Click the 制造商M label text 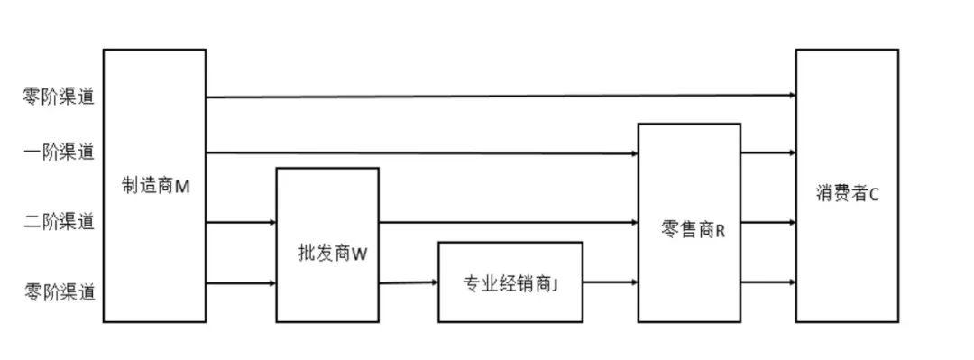pyautogui.click(x=155, y=187)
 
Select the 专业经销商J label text pyautogui.click(x=510, y=284)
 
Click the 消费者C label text pyautogui.click(x=847, y=193)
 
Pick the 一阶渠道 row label pyautogui.click(x=59, y=152)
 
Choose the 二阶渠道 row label pyautogui.click(x=59, y=220)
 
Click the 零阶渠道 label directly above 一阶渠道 pyautogui.click(x=59, y=97)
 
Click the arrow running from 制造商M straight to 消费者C pyautogui.click(x=501, y=96)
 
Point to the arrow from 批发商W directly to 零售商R pyautogui.click(x=509, y=221)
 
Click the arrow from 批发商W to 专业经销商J pyautogui.click(x=409, y=283)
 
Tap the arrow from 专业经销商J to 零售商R pyautogui.click(x=611, y=282)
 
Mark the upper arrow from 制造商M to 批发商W pyautogui.click(x=241, y=221)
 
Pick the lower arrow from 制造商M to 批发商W pyautogui.click(x=241, y=283)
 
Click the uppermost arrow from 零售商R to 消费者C pyautogui.click(x=768, y=152)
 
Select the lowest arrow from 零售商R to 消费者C pyautogui.click(x=768, y=282)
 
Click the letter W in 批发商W pyautogui.click(x=359, y=254)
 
